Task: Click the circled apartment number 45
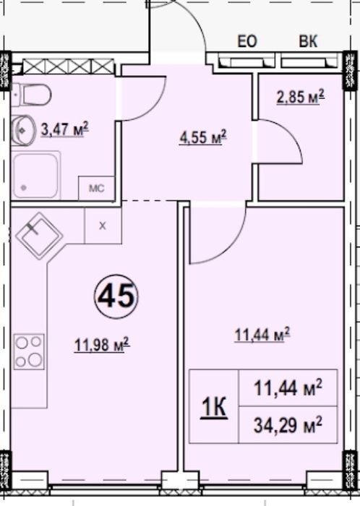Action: click(116, 296)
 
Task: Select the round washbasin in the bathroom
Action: click(23, 130)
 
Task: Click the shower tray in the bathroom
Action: click(36, 176)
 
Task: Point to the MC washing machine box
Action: click(96, 188)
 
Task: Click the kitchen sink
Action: click(39, 235)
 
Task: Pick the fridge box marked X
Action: click(103, 226)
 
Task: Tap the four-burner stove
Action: click(29, 351)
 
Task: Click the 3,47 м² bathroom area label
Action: click(65, 129)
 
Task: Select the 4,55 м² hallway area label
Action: click(203, 137)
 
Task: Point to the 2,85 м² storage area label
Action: click(300, 96)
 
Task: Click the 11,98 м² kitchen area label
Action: click(102, 345)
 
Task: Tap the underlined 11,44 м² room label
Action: click(262, 334)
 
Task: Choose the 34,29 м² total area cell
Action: click(288, 424)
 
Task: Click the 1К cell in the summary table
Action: click(214, 407)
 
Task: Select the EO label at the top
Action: click(247, 42)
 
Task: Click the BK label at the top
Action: click(309, 42)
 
